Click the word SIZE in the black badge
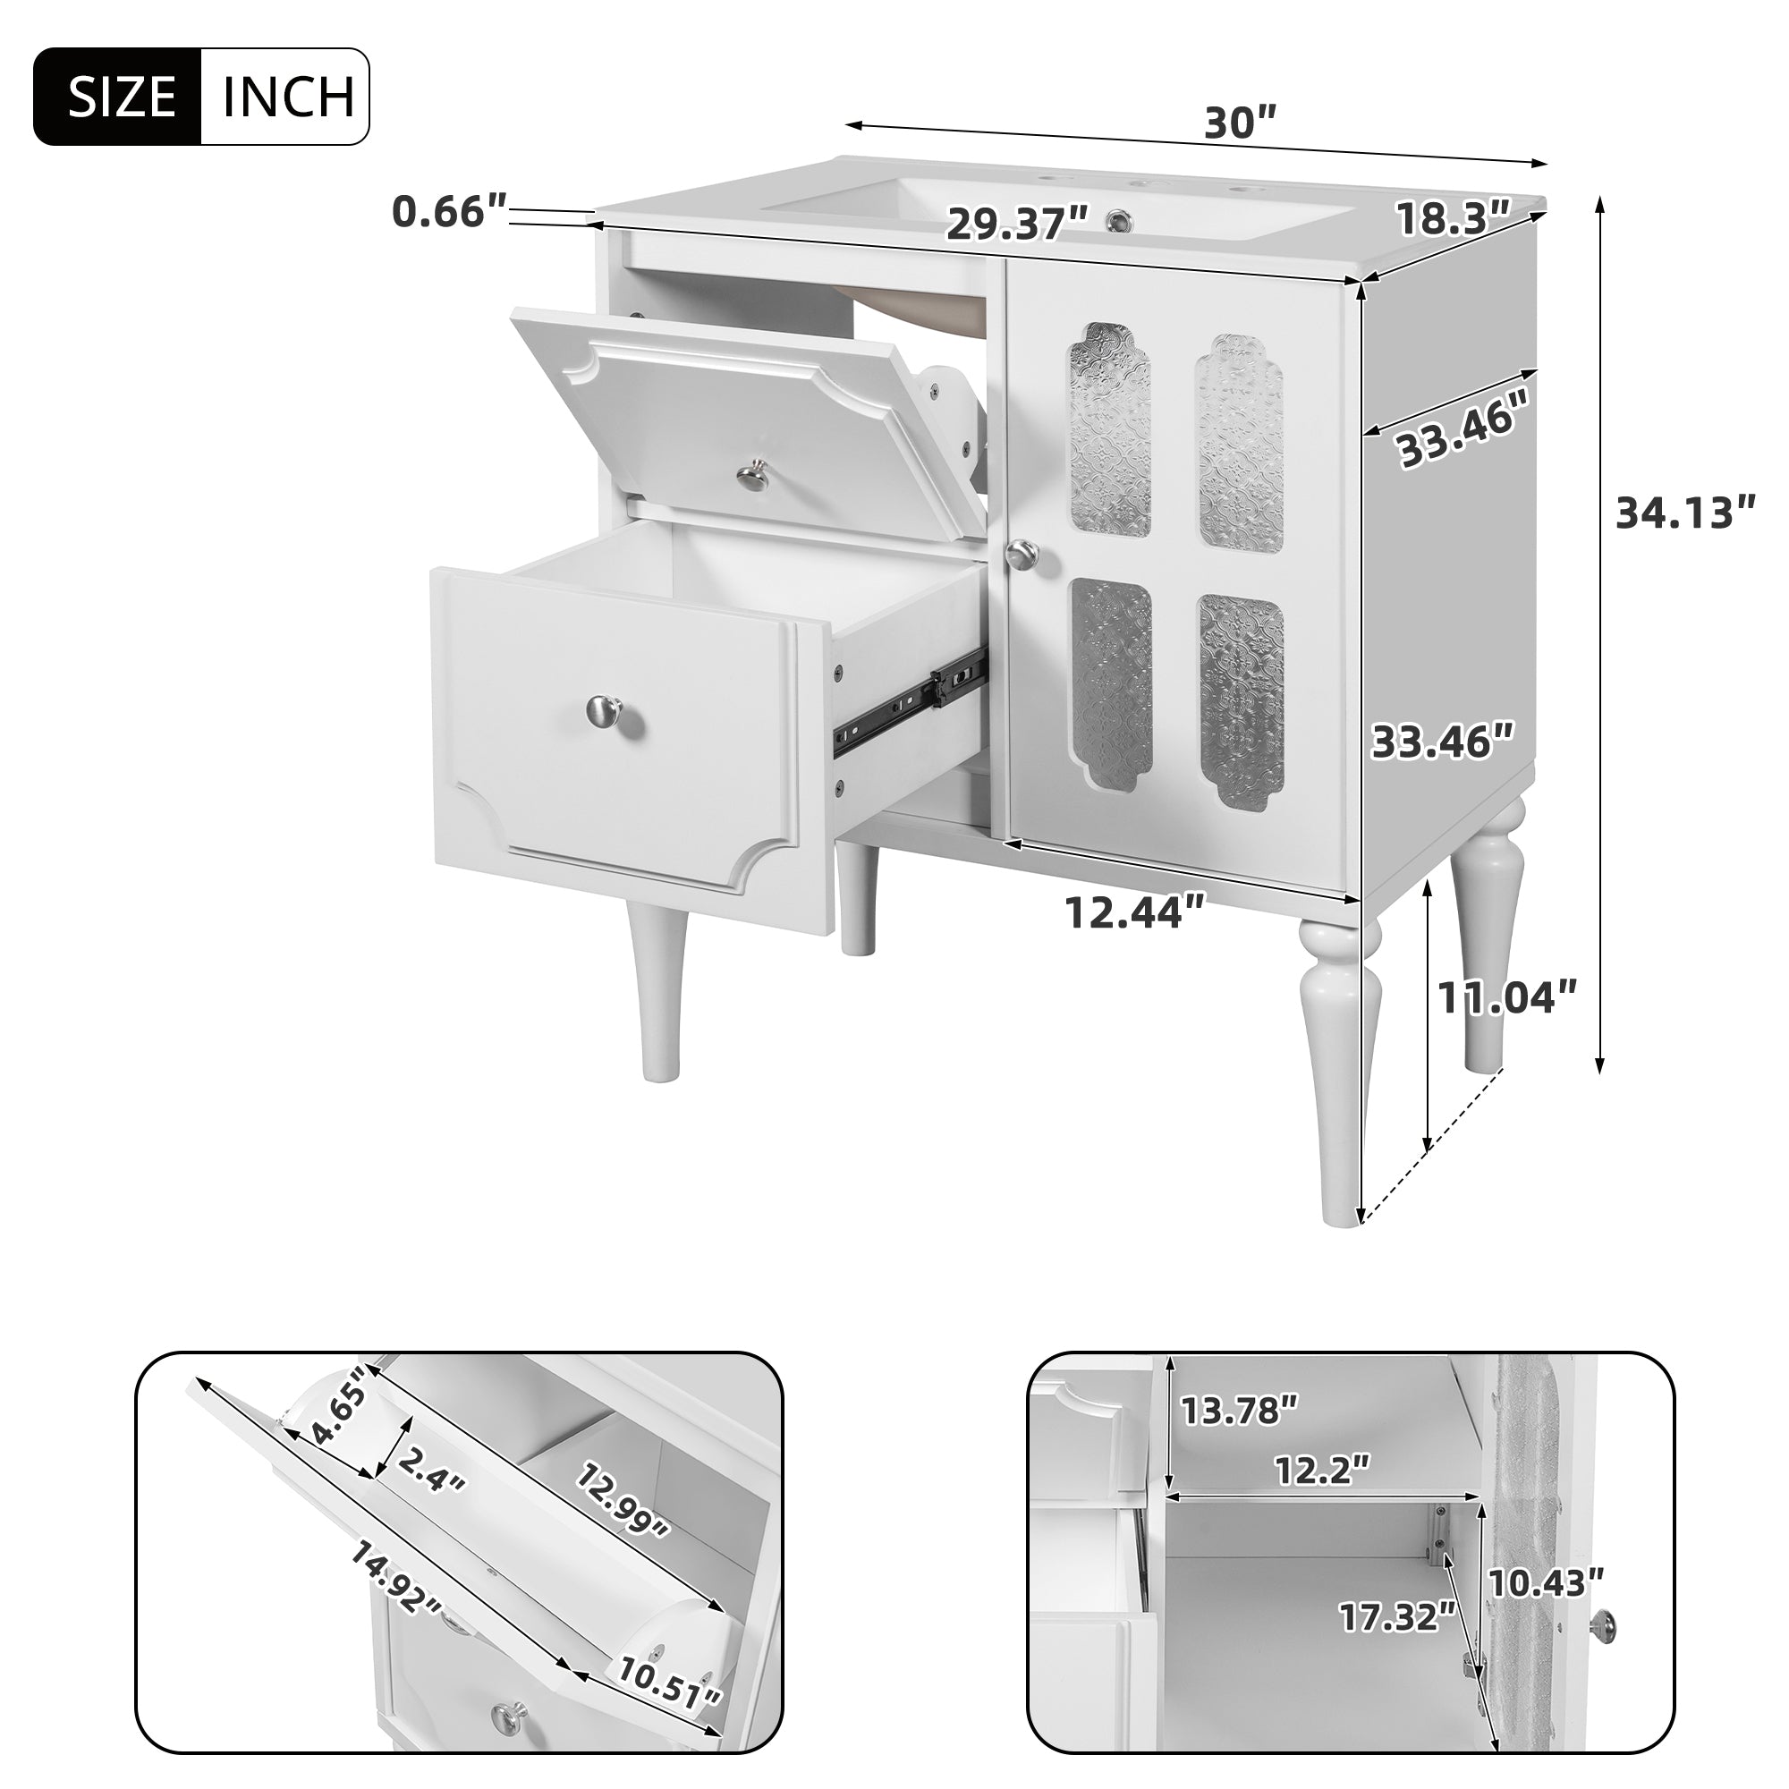tap(123, 97)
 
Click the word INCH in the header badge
tap(288, 97)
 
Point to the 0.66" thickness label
tap(450, 212)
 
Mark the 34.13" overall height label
tap(1685, 514)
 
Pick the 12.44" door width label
tap(1135, 912)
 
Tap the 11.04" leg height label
tap(1505, 997)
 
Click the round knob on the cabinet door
tap(1022, 555)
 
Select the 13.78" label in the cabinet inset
tap(1239, 1437)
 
